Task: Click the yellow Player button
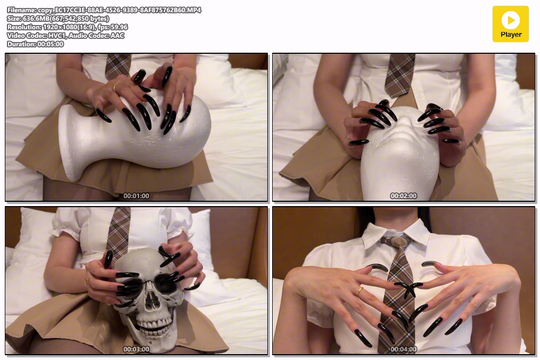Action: point(510,24)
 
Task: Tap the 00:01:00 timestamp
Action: point(136,195)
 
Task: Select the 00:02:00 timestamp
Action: point(404,195)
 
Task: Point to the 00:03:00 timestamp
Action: point(136,349)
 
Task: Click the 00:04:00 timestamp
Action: point(404,349)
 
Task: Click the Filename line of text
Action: point(104,10)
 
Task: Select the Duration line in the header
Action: point(35,44)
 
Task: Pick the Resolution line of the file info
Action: point(67,27)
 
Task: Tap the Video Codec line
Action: point(66,36)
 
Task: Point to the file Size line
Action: point(58,19)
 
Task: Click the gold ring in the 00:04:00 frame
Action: point(359,292)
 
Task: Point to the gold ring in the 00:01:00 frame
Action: point(116,87)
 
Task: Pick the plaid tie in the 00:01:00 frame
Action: point(118,66)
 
